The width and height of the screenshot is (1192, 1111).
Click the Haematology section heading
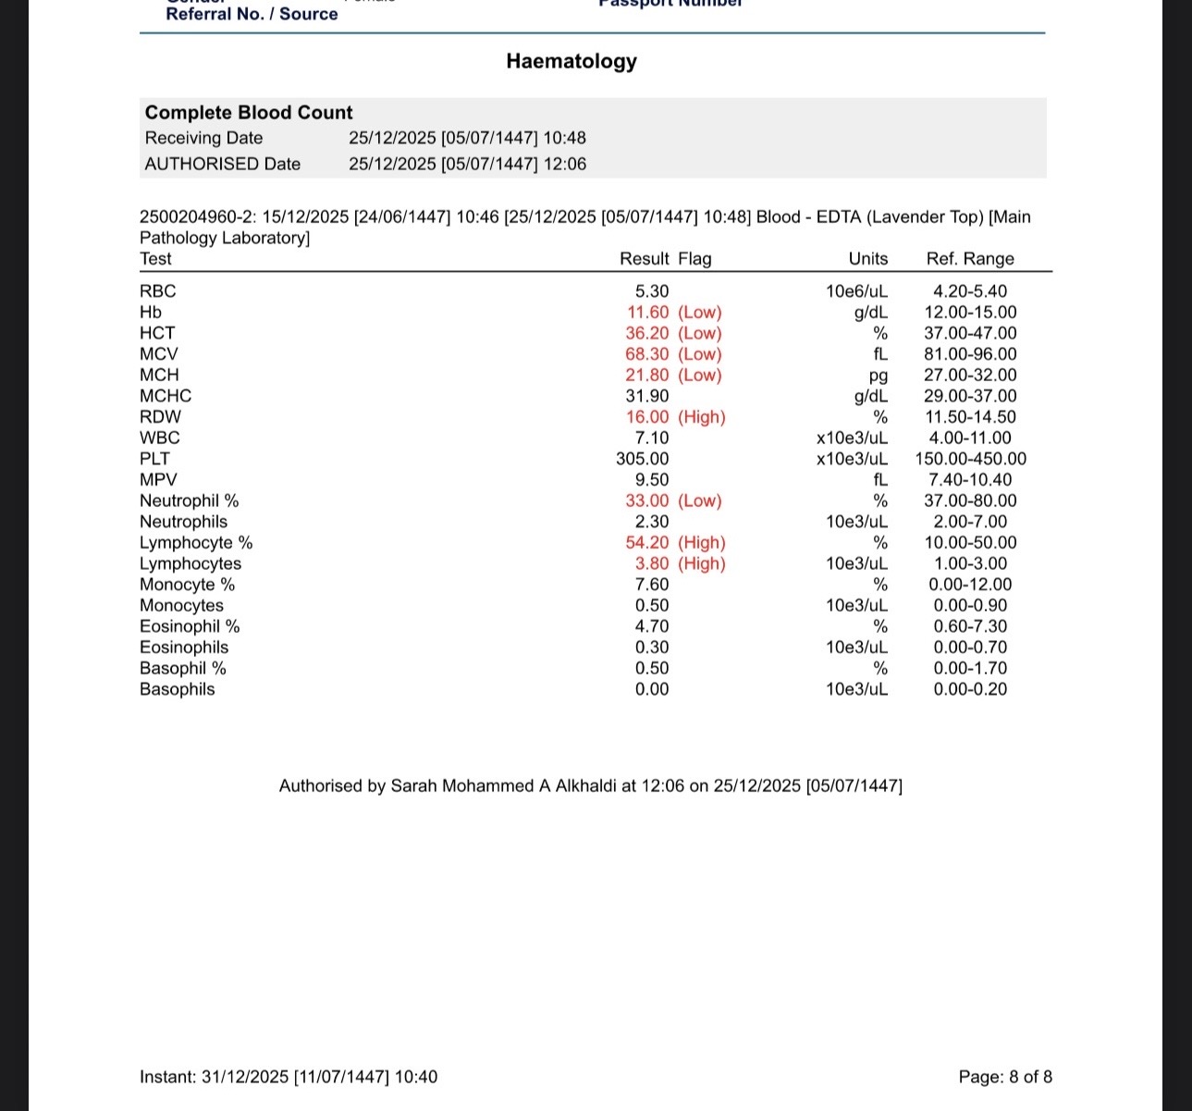[x=571, y=61]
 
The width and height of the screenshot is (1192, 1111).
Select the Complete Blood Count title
[x=249, y=113]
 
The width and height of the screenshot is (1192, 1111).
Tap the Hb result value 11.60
[x=647, y=313]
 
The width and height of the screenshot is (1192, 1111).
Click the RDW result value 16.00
[x=647, y=417]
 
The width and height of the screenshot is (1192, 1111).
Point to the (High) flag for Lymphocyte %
[x=702, y=543]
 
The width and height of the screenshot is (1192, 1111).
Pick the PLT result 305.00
[x=643, y=459]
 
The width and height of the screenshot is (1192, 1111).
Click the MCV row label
[x=159, y=354]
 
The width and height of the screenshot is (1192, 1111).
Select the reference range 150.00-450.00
[x=970, y=459]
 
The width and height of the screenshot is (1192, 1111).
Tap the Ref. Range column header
[x=970, y=259]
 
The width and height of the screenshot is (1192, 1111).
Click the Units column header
[x=868, y=259]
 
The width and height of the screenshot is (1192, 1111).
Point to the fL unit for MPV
[x=880, y=480]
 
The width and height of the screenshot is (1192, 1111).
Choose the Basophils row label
[x=178, y=689]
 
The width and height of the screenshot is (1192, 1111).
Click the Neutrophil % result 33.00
[x=647, y=501]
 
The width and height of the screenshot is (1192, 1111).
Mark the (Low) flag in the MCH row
[x=700, y=376]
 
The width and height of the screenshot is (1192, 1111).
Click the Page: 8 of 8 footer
[x=1005, y=1077]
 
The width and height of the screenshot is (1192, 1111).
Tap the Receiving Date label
[x=203, y=138]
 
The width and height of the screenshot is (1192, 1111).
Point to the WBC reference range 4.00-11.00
[x=970, y=438]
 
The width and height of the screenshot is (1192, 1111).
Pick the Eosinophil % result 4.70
[x=652, y=626]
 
